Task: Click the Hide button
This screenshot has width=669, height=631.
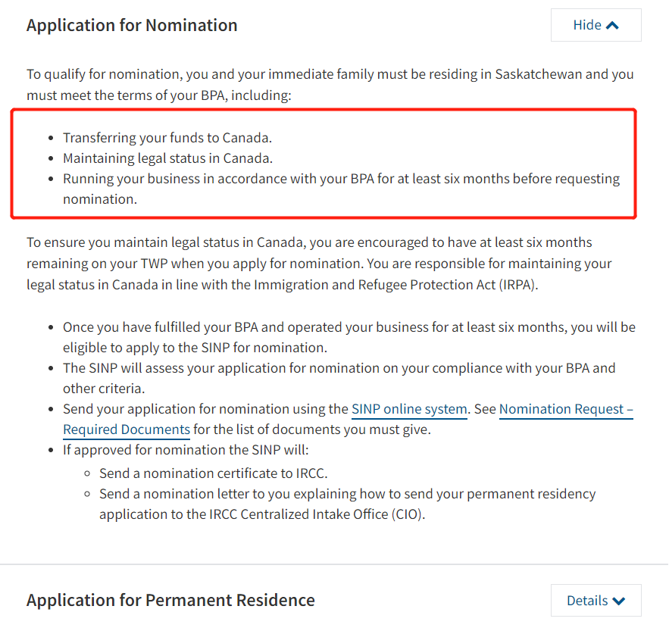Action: tap(596, 25)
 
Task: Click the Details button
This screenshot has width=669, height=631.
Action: tap(596, 601)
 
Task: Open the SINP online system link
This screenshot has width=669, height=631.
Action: tap(409, 409)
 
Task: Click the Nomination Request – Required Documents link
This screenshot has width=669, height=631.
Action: tap(566, 409)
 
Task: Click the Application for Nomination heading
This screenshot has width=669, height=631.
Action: tap(132, 25)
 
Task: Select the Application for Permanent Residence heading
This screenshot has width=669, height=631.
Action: tap(170, 601)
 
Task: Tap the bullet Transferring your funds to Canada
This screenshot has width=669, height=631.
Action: tap(167, 138)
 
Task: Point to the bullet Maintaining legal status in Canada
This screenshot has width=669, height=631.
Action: tap(167, 158)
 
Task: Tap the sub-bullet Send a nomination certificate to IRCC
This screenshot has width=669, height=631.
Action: tap(213, 473)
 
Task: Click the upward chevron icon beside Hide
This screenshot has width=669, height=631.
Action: tap(612, 25)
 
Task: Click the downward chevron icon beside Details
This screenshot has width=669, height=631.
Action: tap(619, 601)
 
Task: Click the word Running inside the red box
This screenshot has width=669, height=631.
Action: tap(87, 179)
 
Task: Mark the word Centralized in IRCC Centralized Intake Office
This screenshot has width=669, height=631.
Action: tap(275, 514)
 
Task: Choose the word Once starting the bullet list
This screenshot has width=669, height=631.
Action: tap(79, 327)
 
